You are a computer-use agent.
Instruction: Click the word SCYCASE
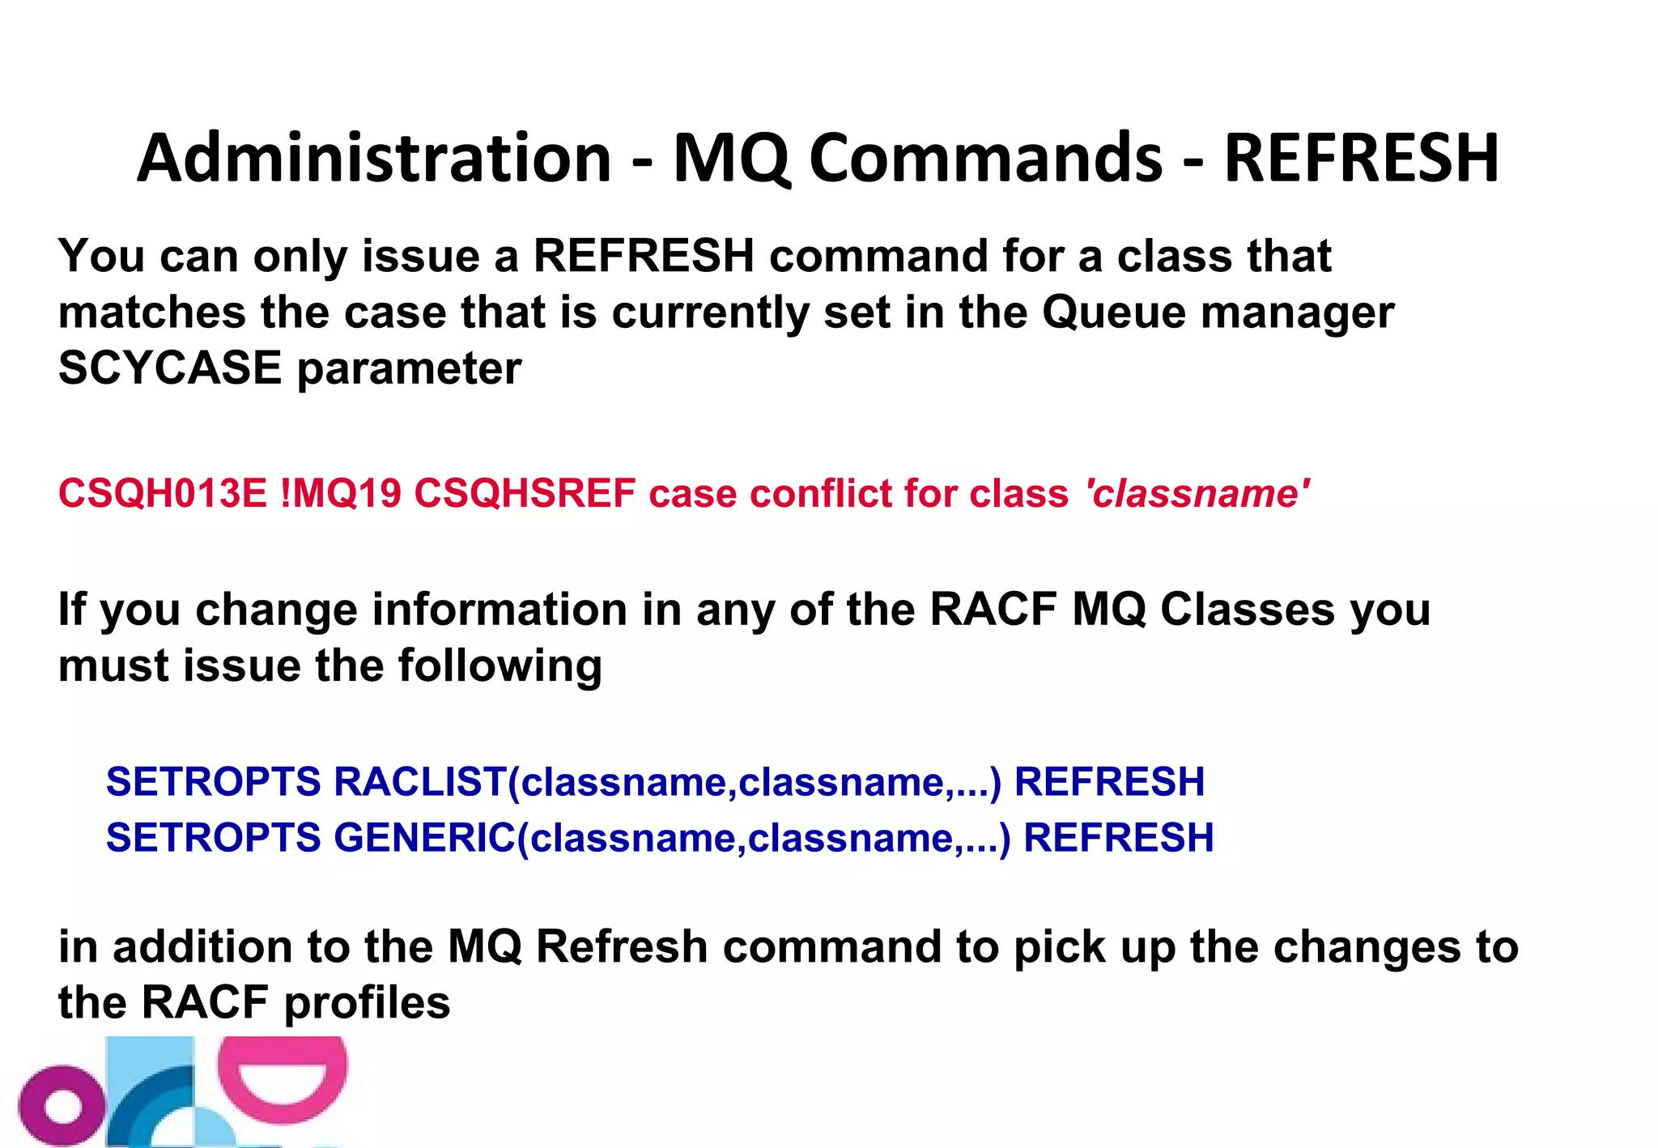coord(170,368)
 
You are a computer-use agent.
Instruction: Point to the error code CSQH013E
coord(162,493)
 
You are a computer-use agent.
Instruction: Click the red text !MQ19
coord(341,493)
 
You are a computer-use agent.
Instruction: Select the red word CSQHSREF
coord(525,493)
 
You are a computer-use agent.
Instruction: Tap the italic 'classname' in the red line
coord(1197,493)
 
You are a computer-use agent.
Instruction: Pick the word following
coord(500,666)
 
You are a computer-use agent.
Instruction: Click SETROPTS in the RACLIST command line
coord(214,782)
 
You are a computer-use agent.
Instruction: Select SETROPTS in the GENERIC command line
coord(214,838)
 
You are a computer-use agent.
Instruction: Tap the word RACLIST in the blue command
coord(419,782)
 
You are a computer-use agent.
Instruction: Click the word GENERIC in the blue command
coord(424,838)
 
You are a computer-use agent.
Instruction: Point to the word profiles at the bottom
coord(367,1003)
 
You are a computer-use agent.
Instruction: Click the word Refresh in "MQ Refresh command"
coord(622,946)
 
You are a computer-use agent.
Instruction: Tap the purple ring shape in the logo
coord(62,1106)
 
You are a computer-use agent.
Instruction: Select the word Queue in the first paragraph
coord(1114,313)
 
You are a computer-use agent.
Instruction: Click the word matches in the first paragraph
coord(152,313)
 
